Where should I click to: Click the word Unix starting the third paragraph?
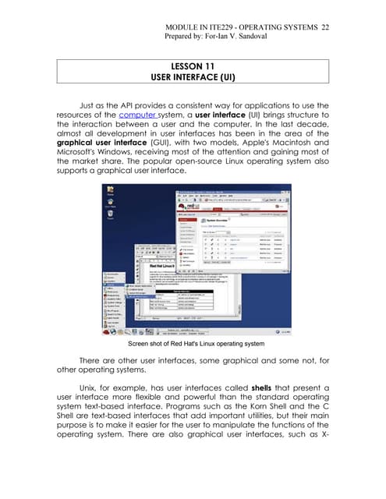(x=89, y=388)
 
